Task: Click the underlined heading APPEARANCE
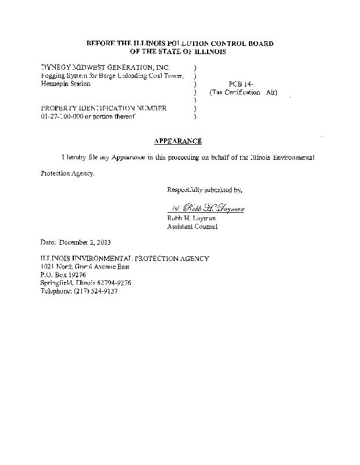coord(178,141)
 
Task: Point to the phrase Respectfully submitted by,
coord(204,190)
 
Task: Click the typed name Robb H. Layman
coord(191,218)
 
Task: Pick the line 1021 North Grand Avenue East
coord(85,266)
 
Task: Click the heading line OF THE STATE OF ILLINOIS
coord(179,52)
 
